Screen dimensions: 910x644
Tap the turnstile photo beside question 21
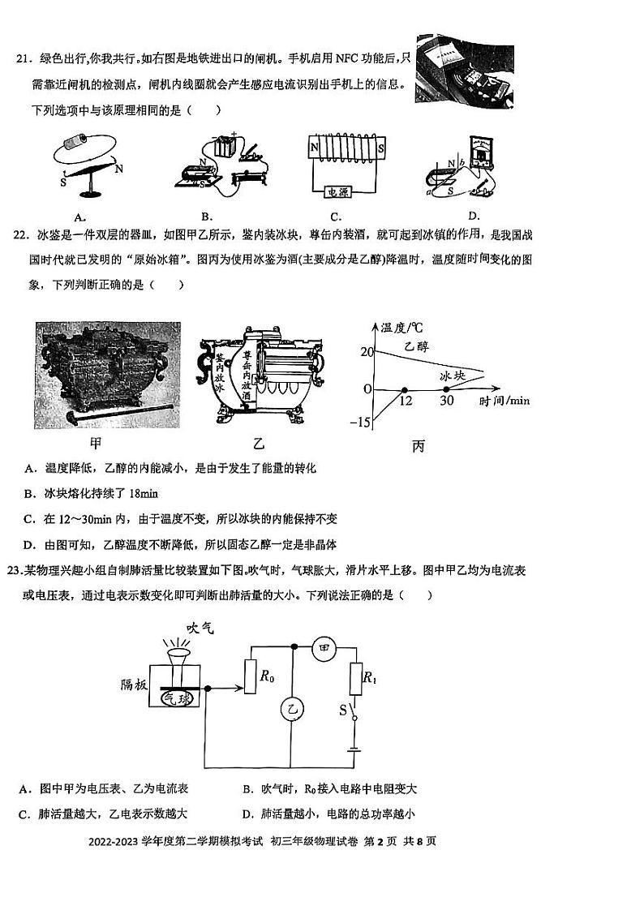click(x=464, y=74)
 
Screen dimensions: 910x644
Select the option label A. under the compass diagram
click(x=79, y=217)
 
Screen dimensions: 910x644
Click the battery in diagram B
click(x=224, y=148)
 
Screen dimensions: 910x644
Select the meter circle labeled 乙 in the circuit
click(x=291, y=710)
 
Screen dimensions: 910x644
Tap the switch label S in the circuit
click(x=341, y=710)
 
